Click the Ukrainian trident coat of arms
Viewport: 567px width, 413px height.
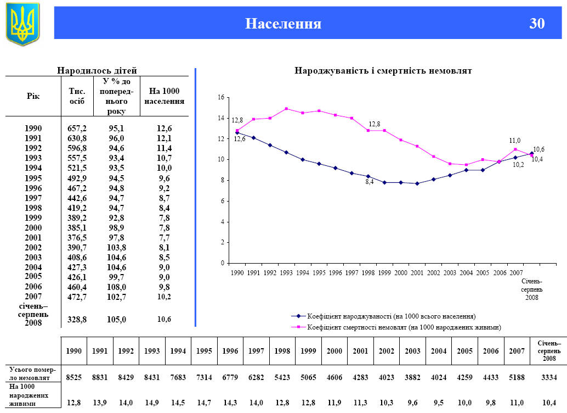point(22,24)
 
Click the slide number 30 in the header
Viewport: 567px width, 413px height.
point(537,24)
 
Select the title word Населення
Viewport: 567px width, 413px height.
point(283,24)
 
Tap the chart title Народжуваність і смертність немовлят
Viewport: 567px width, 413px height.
point(383,71)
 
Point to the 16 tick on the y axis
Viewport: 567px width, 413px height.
point(222,97)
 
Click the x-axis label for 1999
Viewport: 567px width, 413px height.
point(384,272)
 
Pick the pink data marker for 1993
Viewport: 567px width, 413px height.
point(286,109)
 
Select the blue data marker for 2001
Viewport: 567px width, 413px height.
point(417,183)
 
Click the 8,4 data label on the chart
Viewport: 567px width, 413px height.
point(370,182)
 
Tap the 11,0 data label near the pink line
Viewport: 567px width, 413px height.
point(515,141)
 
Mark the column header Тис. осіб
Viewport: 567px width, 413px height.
point(77,96)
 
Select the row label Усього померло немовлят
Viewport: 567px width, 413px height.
point(32,374)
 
